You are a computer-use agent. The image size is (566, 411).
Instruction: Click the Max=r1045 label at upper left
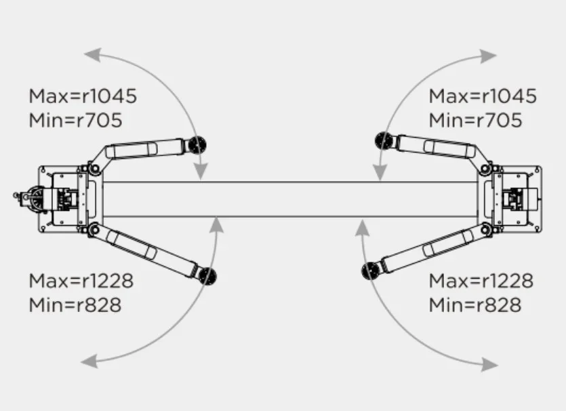tap(83, 96)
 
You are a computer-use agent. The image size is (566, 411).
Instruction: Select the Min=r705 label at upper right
tap(475, 120)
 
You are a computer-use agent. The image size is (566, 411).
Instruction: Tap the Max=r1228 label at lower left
tap(81, 281)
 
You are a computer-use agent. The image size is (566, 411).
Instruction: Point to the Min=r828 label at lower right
tap(475, 305)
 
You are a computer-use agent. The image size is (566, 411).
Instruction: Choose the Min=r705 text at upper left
tap(75, 120)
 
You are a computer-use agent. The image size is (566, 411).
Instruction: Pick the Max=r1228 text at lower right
tap(481, 281)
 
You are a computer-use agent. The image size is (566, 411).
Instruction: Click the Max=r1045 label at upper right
tap(483, 96)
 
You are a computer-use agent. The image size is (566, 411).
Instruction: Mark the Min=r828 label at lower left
tap(75, 305)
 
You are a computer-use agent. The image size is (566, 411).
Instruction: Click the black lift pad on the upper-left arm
tap(197, 145)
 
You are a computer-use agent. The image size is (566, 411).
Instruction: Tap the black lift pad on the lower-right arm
tap(370, 271)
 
